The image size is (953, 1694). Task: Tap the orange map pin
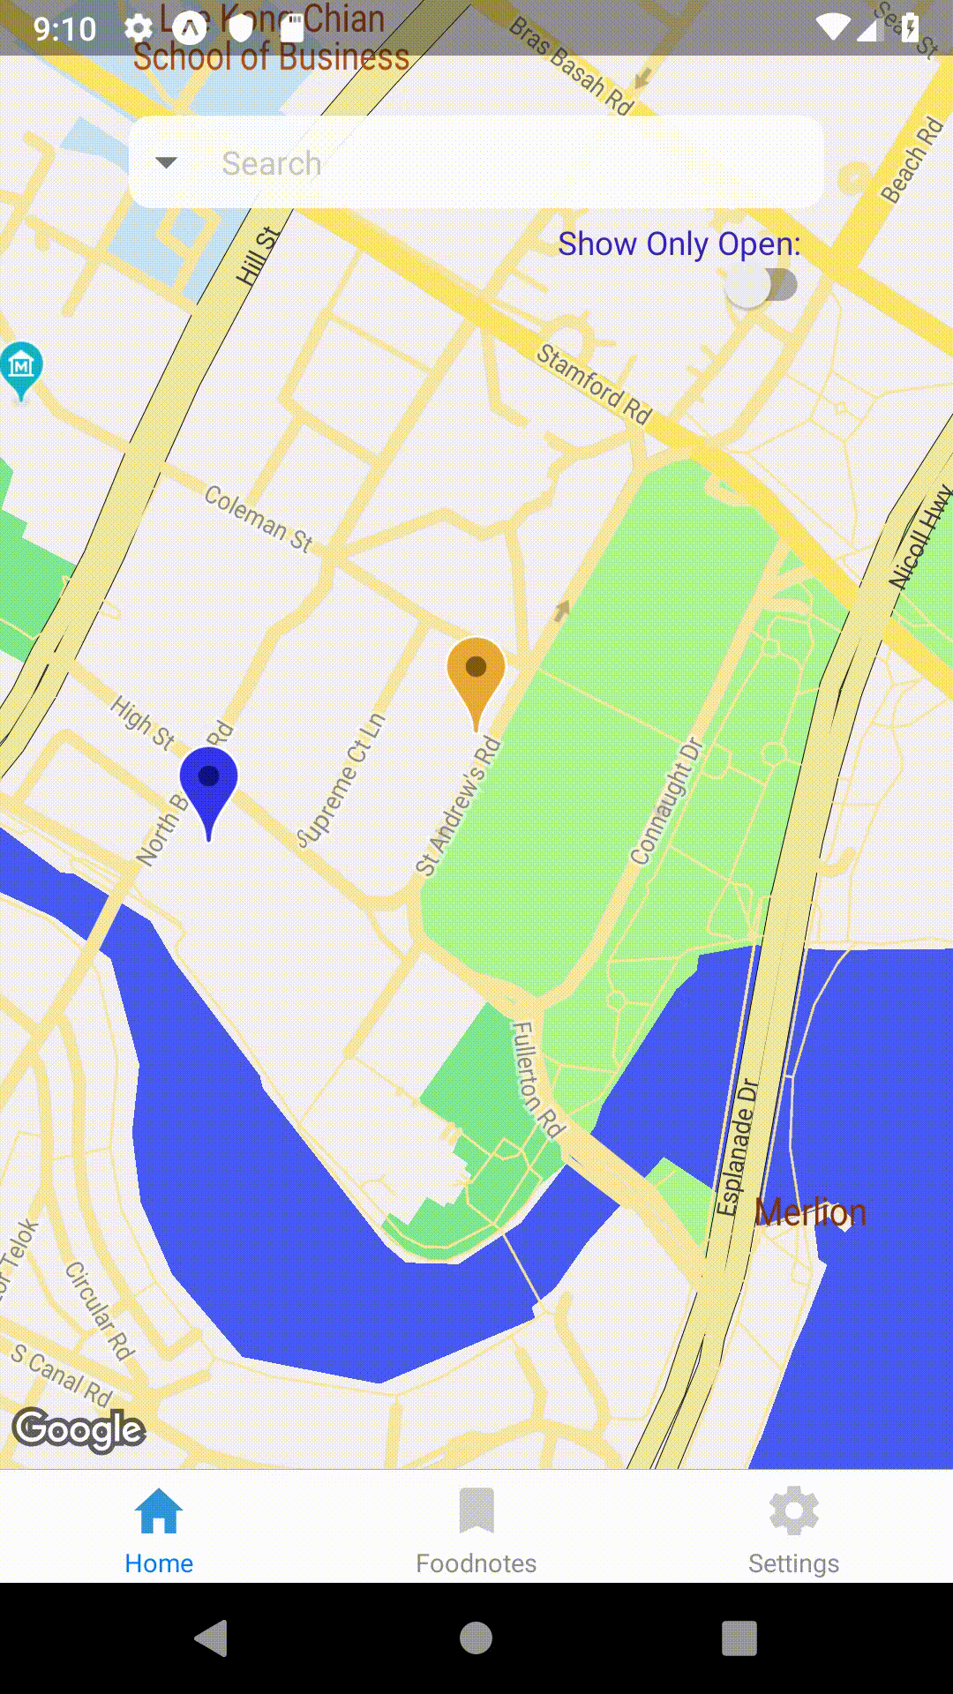tap(476, 673)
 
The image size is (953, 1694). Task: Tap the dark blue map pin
tap(208, 783)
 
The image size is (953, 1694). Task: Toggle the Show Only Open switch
tap(762, 286)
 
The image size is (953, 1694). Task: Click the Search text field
tap(494, 163)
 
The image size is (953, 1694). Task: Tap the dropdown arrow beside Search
tap(166, 163)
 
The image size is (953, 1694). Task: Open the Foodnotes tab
tap(476, 1531)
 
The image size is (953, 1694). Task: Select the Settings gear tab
tap(793, 1531)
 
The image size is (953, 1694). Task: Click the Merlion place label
tap(810, 1213)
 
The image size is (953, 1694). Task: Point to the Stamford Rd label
tap(594, 384)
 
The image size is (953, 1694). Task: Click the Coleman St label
tap(259, 518)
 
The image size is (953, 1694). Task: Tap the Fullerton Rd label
tap(537, 1079)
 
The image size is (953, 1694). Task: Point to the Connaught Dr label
tap(667, 801)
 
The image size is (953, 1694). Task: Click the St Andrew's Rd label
tap(458, 807)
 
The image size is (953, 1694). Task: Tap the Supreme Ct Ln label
tap(341, 780)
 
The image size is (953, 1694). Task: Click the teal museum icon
tap(22, 365)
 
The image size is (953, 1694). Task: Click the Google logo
tap(79, 1429)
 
